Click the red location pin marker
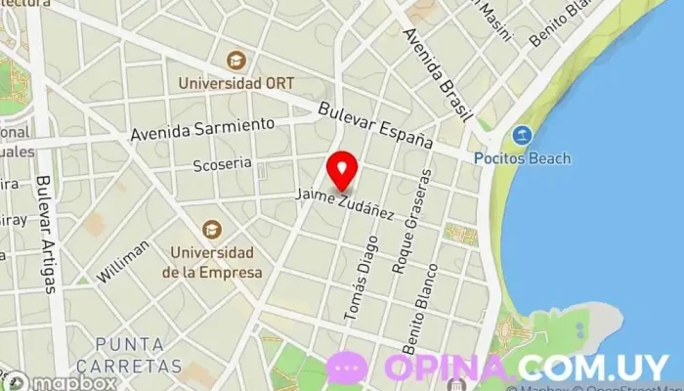[342, 172]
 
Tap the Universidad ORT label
[237, 84]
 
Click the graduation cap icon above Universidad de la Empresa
[212, 229]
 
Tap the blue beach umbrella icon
[522, 136]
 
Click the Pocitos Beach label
[536, 158]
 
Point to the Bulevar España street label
[375, 125]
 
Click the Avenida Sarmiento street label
[201, 128]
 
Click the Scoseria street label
[222, 163]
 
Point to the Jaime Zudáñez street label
[345, 201]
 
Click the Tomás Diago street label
[359, 280]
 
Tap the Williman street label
[123, 261]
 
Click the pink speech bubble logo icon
[347, 368]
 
